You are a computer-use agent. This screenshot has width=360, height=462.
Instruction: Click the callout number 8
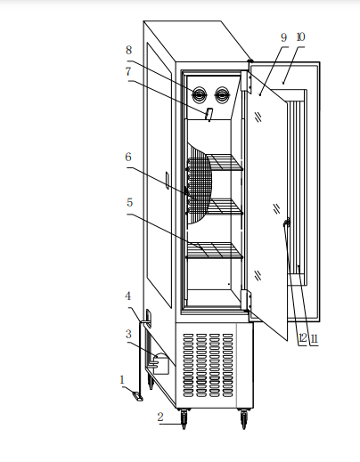(x=128, y=50)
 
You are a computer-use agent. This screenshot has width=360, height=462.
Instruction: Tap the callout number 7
(x=128, y=71)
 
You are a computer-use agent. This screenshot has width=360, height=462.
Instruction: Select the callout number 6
(x=128, y=157)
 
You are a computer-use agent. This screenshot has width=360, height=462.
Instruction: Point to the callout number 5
(x=129, y=203)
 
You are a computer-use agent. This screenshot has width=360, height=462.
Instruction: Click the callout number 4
(x=127, y=296)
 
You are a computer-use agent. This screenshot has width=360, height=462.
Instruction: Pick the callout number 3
(x=128, y=334)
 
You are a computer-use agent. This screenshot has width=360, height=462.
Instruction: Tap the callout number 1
(x=122, y=380)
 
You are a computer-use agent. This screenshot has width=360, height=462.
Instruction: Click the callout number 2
(x=160, y=417)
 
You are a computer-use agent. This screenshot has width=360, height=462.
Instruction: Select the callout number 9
(x=284, y=37)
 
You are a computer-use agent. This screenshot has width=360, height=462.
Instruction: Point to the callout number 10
(x=300, y=37)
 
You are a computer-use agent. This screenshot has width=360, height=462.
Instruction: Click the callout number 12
(x=303, y=338)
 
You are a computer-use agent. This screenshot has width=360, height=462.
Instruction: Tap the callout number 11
(x=315, y=338)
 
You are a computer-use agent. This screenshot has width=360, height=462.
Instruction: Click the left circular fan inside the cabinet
(x=199, y=95)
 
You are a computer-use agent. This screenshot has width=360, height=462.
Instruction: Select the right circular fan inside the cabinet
(x=222, y=95)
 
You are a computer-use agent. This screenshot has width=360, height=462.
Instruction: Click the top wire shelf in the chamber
(x=225, y=162)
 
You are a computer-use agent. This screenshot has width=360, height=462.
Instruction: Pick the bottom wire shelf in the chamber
(x=215, y=251)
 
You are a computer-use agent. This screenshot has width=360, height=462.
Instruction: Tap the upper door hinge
(x=246, y=82)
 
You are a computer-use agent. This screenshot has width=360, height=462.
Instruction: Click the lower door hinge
(x=246, y=300)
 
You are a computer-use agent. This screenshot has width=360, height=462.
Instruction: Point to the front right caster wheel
(x=244, y=418)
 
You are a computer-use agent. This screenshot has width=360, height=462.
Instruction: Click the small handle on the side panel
(x=168, y=180)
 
